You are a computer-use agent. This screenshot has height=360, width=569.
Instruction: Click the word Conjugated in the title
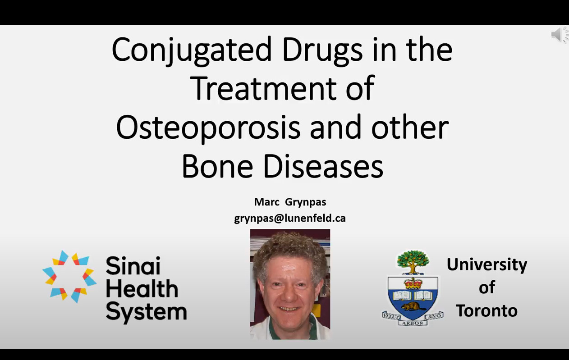(192, 50)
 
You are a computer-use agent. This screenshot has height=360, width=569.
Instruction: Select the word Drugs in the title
(322, 50)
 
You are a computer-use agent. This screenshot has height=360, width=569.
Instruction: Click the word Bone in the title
(217, 166)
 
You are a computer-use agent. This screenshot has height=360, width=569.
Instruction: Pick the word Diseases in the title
(323, 166)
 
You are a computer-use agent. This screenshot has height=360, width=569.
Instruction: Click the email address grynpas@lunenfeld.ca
(290, 219)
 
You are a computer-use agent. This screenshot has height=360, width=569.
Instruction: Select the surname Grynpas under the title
(306, 203)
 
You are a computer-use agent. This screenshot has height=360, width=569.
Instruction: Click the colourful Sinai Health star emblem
(69, 277)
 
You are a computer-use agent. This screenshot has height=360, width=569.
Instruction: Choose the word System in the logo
(147, 313)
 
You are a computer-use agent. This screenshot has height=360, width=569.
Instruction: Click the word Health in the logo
(142, 289)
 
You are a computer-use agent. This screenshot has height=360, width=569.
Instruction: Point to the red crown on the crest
(413, 283)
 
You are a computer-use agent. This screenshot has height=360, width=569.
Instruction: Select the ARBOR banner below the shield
(413, 323)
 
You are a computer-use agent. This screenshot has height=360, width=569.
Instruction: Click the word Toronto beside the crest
(486, 311)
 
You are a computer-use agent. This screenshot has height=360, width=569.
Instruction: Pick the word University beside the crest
(486, 265)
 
